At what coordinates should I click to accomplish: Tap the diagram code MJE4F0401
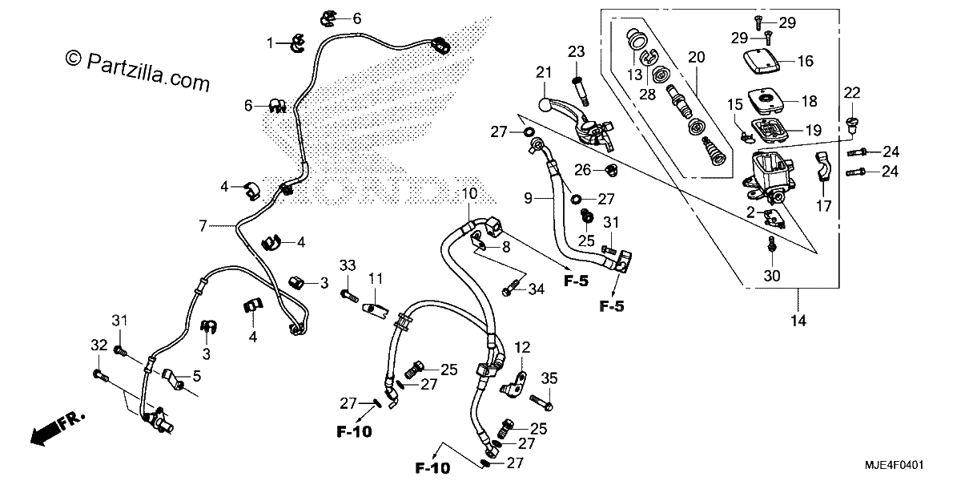(894, 465)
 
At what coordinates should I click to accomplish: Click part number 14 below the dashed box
(798, 321)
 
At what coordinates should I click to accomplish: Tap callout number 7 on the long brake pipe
(203, 226)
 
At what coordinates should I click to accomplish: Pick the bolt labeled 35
(541, 402)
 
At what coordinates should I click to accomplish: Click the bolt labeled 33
(350, 296)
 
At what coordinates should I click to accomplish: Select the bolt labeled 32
(100, 377)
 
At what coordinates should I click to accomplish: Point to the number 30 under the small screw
(772, 275)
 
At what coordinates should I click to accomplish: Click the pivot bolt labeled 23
(580, 91)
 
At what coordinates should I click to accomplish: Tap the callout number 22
(852, 92)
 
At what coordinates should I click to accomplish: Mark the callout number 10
(469, 193)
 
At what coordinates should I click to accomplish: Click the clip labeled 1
(297, 43)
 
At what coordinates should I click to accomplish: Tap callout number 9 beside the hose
(528, 198)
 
